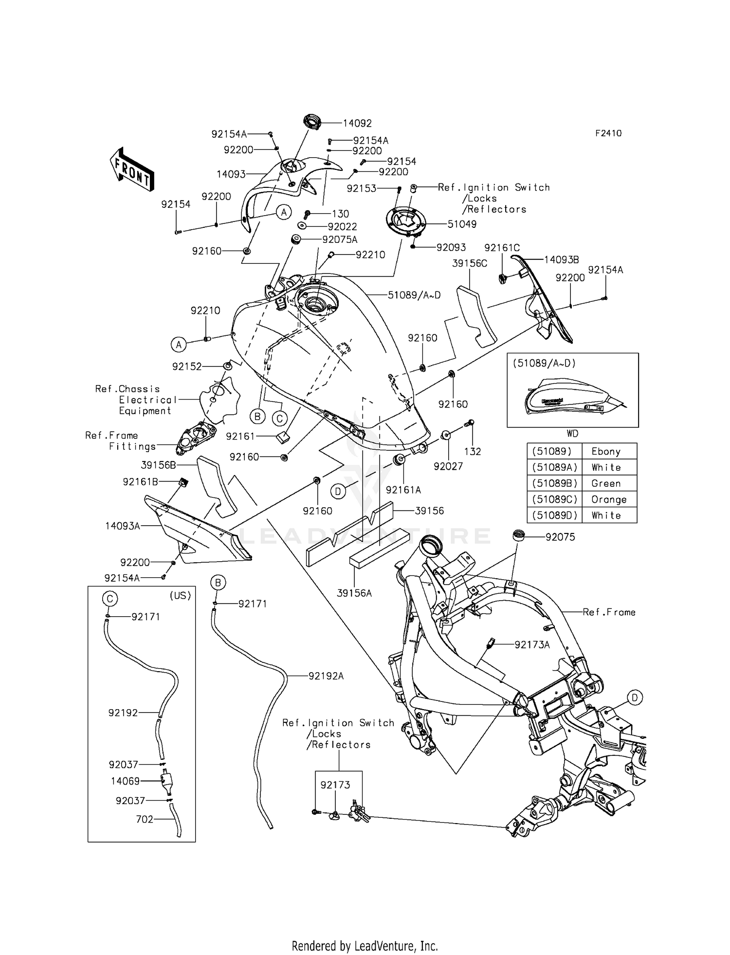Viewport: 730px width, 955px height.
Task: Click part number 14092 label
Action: click(x=357, y=124)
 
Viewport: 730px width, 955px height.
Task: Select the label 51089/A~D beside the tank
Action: click(x=414, y=295)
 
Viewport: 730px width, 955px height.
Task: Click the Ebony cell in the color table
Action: click(x=606, y=451)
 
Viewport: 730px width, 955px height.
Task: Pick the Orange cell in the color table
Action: click(x=609, y=499)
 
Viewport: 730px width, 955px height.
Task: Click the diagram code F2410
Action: click(x=608, y=133)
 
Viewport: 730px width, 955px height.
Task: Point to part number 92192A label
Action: click(x=326, y=676)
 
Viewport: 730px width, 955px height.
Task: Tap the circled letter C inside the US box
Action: click(x=110, y=598)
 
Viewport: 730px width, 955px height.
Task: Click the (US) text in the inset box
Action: click(x=181, y=595)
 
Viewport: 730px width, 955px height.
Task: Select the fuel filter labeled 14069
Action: click(x=167, y=781)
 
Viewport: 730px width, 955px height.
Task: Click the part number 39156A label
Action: click(x=354, y=593)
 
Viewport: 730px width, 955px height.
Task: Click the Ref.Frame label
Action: click(x=609, y=612)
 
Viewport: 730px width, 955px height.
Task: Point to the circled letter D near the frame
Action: click(x=635, y=698)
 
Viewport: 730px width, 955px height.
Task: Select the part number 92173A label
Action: click(x=532, y=645)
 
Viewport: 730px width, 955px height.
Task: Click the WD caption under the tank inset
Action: click(x=572, y=433)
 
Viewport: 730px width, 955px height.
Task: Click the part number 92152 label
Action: click(x=187, y=367)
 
